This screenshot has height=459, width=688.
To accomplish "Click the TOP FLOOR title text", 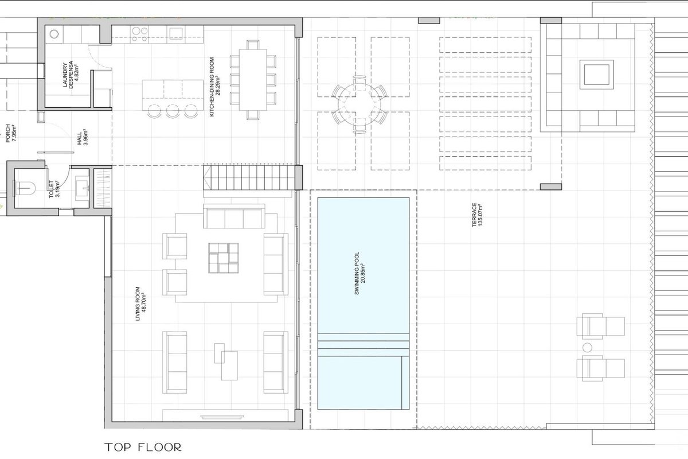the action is (143, 447).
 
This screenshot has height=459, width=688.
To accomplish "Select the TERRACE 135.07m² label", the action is (477, 215).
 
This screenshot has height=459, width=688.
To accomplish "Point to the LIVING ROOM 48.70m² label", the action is (140, 304).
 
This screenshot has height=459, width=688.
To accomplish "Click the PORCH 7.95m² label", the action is (11, 133).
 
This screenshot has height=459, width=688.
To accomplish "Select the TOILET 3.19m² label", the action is (54, 188).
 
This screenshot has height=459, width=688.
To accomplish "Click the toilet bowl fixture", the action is (25, 188).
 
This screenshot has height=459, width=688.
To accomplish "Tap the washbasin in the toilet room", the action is (82, 188).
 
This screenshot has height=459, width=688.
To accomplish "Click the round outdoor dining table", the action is (359, 104).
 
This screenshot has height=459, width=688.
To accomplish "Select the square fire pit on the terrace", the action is (596, 75).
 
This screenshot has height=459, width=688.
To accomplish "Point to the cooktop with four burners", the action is (140, 34).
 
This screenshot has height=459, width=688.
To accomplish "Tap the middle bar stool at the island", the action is (173, 111).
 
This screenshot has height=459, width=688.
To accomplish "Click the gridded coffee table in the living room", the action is (223, 258).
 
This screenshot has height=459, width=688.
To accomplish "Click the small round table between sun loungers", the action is (587, 348).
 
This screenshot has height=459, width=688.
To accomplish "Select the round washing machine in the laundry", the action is (54, 34).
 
